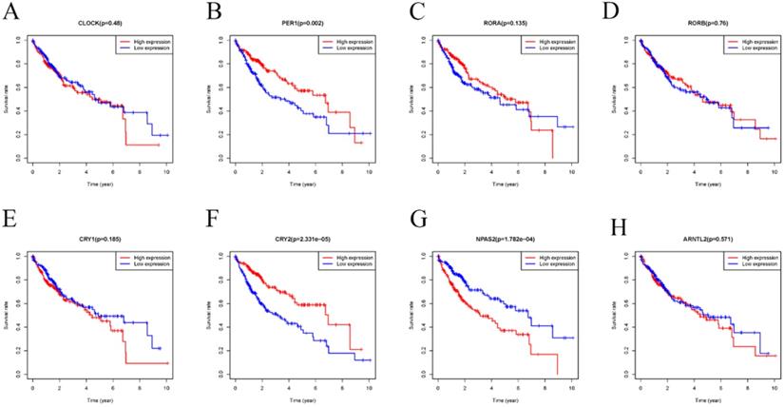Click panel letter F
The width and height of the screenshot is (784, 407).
pyautogui.click(x=211, y=229)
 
